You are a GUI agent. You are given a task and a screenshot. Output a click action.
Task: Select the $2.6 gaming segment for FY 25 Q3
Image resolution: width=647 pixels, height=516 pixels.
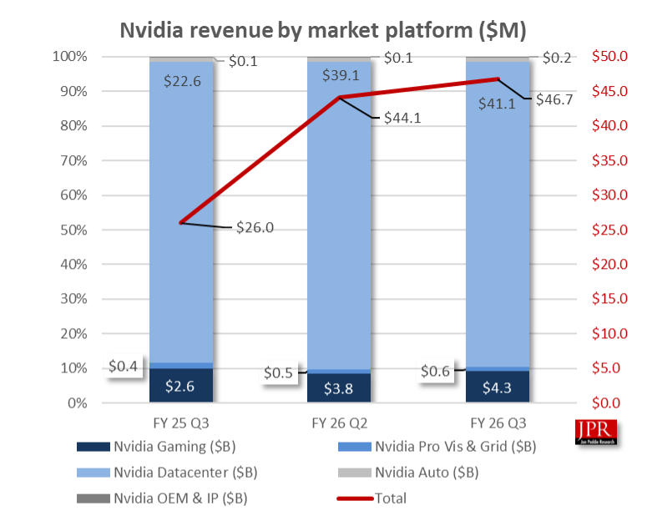coord(181,387)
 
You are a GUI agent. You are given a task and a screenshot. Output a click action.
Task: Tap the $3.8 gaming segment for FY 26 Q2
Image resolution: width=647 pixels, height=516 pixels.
coord(339,387)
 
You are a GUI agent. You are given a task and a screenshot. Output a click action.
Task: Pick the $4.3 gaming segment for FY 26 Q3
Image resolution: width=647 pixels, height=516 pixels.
coord(497,387)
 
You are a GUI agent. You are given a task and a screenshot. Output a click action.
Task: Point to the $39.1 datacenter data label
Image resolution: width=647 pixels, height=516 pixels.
coord(339,74)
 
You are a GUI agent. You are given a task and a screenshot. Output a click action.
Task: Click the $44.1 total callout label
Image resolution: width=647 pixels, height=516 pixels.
coord(402,118)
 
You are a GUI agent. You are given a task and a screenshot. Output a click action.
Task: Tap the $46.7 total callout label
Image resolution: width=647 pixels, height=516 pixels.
coord(559,99)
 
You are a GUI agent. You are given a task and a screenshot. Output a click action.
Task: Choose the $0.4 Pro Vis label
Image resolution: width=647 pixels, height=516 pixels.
coord(124,366)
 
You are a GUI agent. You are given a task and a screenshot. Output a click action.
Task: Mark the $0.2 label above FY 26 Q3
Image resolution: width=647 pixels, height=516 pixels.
coord(557,58)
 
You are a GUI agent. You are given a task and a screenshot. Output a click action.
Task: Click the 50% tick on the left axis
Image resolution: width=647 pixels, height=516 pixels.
coord(71,230)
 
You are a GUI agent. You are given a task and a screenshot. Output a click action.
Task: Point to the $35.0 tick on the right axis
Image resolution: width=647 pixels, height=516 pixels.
coord(609,160)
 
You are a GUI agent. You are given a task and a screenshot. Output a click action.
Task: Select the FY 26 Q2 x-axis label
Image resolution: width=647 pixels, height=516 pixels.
coord(339,421)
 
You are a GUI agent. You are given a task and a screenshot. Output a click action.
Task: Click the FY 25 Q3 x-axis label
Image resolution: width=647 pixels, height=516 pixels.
coord(181,421)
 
